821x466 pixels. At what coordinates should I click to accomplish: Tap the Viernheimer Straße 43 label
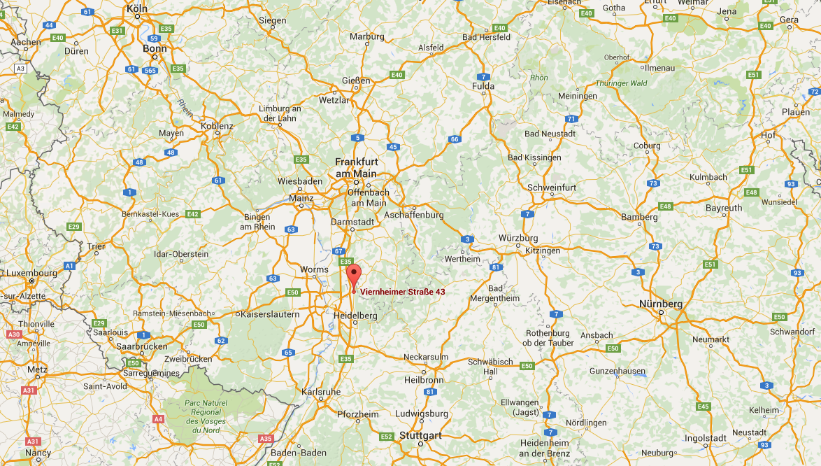[402, 292]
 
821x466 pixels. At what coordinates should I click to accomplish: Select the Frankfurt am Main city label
[355, 168]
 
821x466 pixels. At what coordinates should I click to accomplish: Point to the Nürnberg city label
[661, 304]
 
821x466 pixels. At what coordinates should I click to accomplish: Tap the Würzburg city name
[518, 238]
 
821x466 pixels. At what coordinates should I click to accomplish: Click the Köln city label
[137, 8]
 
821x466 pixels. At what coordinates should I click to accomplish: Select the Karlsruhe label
[320, 392]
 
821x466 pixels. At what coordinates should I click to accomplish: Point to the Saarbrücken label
[142, 346]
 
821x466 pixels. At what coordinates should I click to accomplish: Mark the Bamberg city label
[639, 217]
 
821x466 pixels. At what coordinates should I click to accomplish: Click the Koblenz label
[216, 126]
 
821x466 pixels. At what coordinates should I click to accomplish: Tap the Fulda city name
[483, 86]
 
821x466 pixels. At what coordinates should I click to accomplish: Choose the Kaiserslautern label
[269, 314]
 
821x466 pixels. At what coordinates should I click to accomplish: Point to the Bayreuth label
[724, 208]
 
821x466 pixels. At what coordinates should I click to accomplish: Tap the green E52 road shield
[386, 437]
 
